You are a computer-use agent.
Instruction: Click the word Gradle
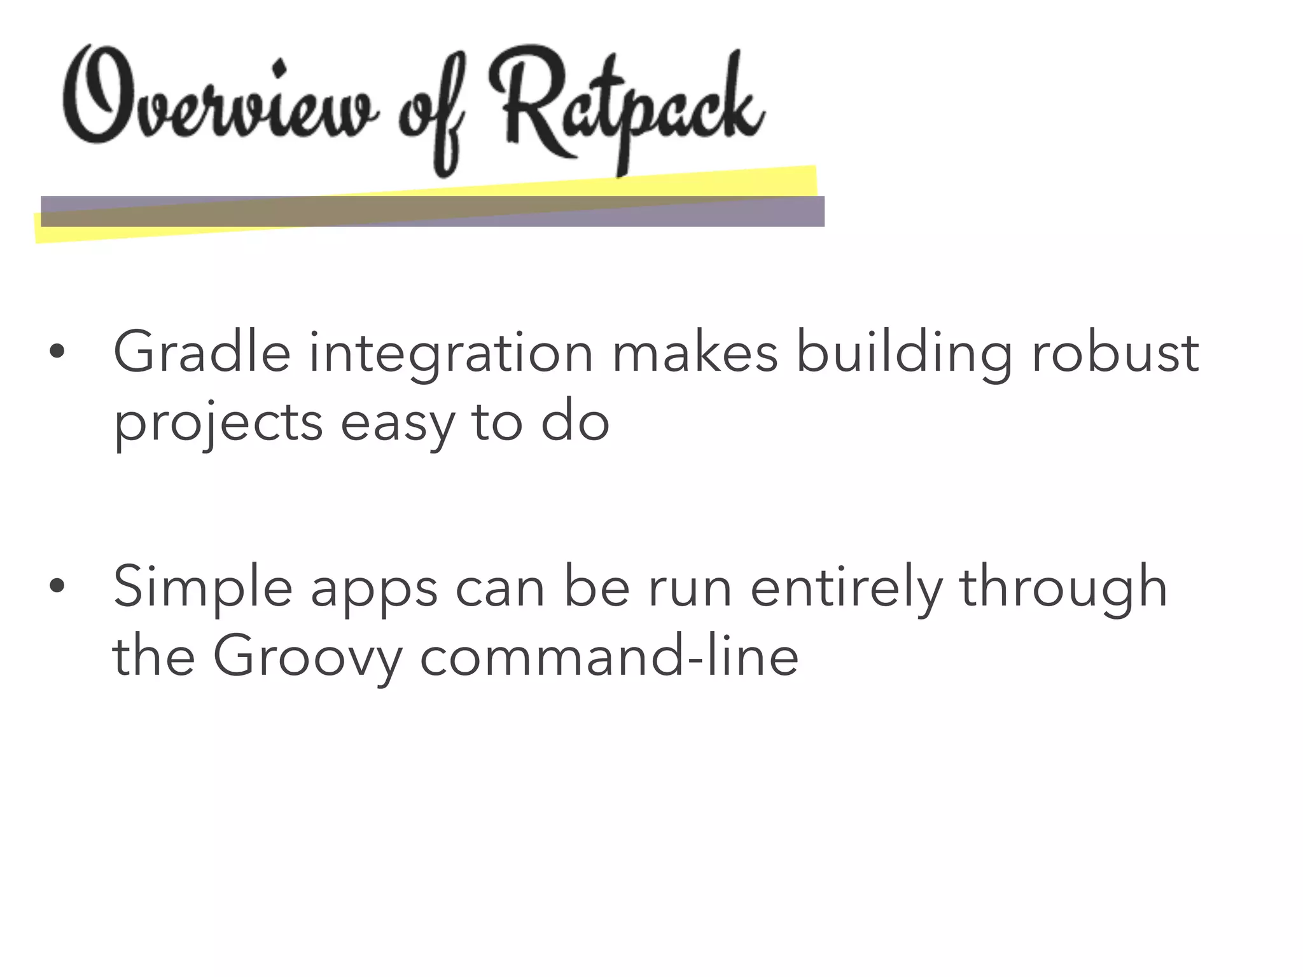(x=202, y=353)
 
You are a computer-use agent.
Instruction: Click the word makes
(x=694, y=353)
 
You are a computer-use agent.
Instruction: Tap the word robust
(x=1115, y=353)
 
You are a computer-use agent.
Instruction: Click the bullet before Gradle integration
(x=57, y=352)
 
